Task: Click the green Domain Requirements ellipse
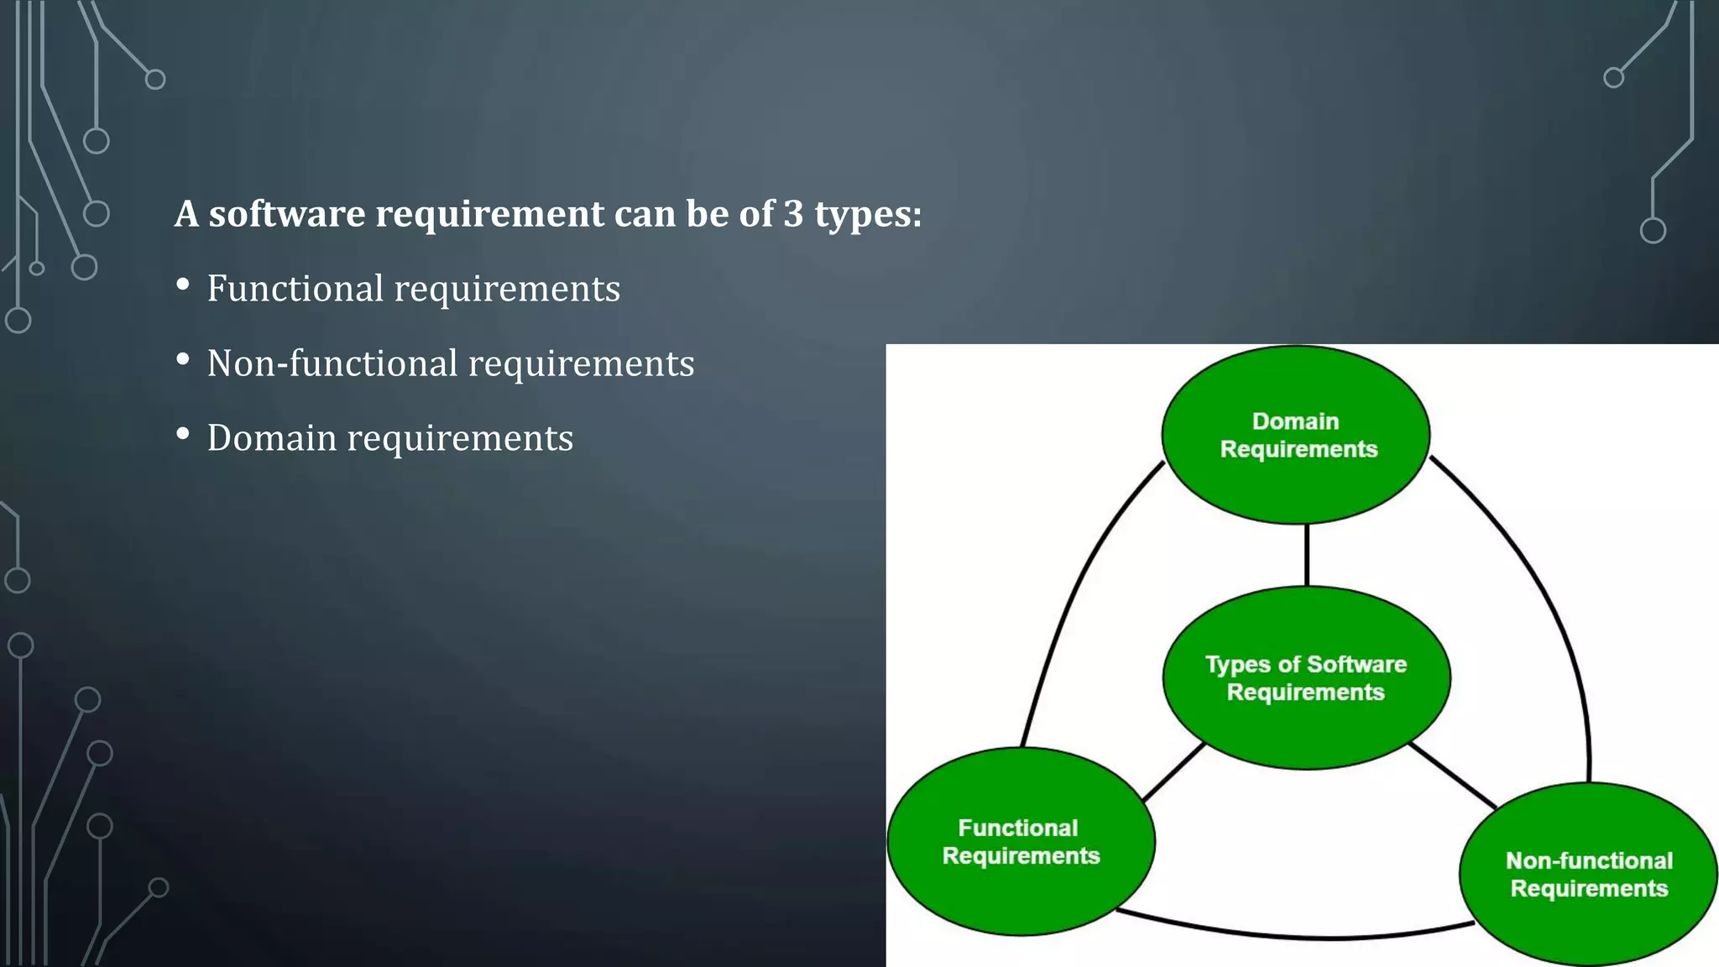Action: [1295, 435]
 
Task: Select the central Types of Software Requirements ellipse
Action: [1306, 677]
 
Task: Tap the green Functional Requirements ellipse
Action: [1021, 841]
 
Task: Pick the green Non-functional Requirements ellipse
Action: [1588, 874]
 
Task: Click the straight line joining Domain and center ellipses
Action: [1306, 555]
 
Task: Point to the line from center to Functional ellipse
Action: [1173, 772]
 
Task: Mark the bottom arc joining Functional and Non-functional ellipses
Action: [1297, 934]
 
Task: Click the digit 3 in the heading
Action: [793, 214]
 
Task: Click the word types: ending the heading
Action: [868, 216]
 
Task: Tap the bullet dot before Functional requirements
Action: [183, 285]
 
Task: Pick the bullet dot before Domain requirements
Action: [183, 435]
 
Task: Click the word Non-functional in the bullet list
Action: [332, 363]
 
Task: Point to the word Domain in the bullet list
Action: [271, 438]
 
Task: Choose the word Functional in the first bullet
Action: [295, 289]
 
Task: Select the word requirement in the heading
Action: [489, 216]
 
